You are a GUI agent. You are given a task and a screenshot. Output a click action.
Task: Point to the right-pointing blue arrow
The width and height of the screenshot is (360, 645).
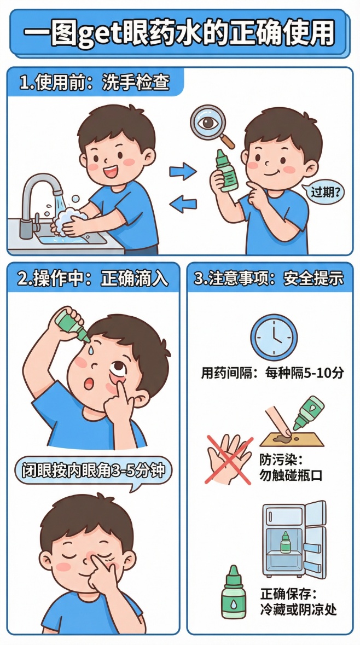182,171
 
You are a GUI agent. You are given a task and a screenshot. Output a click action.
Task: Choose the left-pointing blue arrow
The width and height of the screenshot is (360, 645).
182,205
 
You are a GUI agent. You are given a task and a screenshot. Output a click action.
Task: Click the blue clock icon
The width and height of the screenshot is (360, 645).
274,337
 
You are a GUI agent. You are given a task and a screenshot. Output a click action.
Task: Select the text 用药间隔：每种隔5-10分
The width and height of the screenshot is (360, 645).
272,374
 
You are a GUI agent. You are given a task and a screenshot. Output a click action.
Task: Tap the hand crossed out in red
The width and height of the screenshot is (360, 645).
229,458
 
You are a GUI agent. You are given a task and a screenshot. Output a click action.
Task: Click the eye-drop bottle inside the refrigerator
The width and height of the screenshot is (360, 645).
285,544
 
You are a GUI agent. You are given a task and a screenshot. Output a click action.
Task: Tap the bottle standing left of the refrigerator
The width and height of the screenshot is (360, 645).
233,592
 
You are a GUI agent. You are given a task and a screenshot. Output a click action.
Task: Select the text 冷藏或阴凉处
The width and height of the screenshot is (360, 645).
298,609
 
